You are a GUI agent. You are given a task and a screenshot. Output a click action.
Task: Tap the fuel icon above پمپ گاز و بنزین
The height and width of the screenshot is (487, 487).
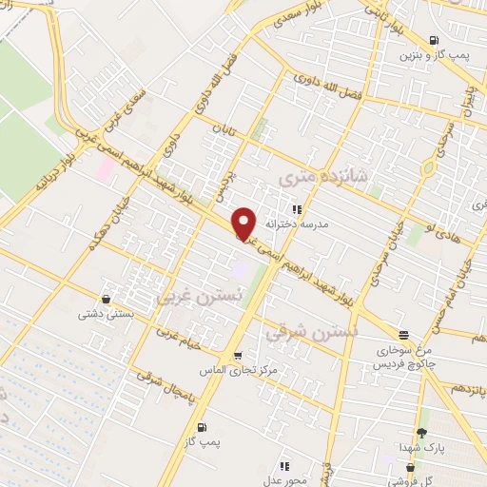(x=434, y=41)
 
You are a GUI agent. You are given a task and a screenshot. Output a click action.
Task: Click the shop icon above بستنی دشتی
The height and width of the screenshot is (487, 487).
(x=117, y=297)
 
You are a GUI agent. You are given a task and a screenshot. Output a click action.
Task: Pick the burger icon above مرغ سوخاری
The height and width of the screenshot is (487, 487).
(x=405, y=335)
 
